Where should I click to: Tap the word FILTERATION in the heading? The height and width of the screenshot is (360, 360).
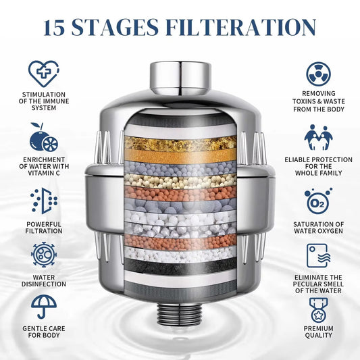point(250,27)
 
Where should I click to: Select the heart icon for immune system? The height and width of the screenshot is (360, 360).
point(43,74)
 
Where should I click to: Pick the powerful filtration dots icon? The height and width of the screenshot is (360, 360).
point(43,201)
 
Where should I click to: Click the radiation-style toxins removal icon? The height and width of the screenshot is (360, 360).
point(318,74)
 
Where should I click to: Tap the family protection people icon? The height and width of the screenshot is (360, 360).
point(318,137)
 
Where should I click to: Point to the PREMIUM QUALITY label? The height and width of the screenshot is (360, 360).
point(318,331)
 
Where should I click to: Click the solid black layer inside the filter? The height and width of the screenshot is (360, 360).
point(180,265)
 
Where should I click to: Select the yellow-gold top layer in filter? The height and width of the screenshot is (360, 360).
point(180,143)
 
